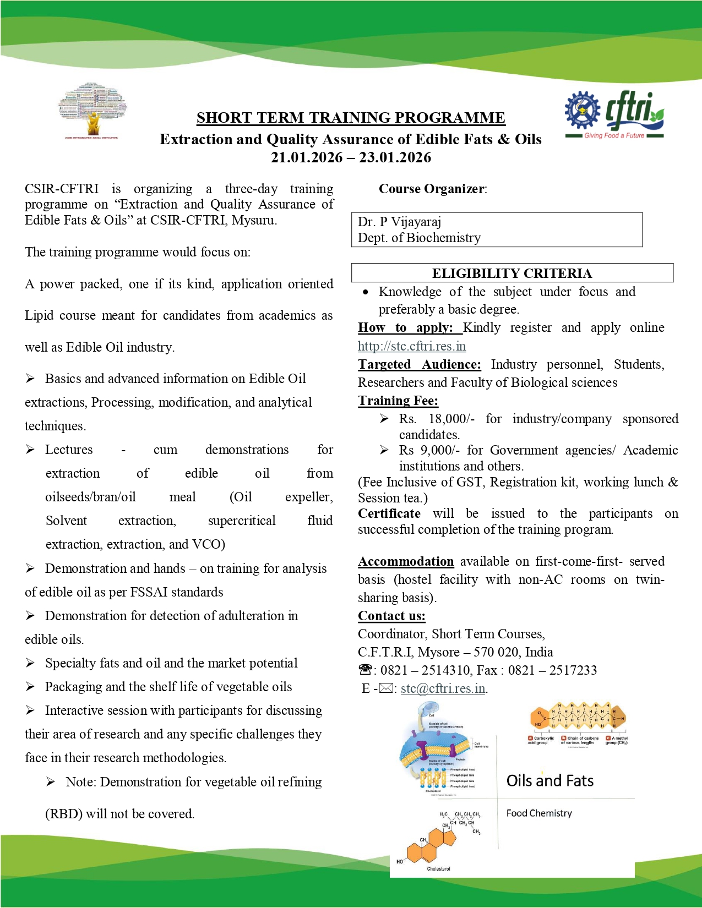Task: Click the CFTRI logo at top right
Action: [614, 114]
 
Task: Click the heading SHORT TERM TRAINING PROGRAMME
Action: [351, 118]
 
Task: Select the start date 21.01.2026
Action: [307, 158]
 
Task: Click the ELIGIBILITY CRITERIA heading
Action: [511, 274]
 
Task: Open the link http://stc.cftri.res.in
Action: [412, 346]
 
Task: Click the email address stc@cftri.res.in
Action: [443, 688]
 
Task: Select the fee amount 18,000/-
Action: [451, 419]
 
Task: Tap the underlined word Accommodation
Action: [406, 561]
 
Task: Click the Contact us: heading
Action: [391, 616]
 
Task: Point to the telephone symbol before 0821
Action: [365, 670]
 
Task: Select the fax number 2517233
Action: [573, 670]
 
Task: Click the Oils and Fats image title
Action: [549, 781]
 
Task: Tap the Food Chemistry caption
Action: [539, 813]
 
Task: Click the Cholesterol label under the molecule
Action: [438, 869]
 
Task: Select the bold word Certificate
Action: [389, 513]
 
